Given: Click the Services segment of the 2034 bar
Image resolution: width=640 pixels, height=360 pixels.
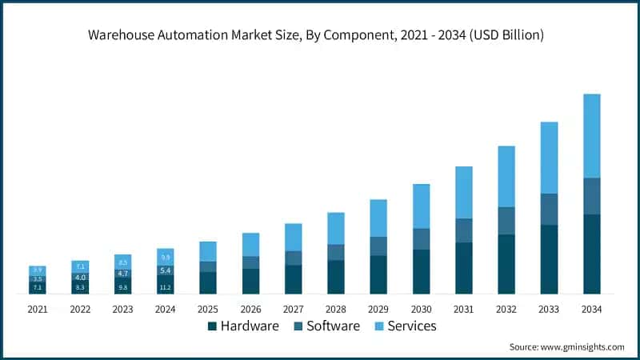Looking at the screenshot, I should [x=592, y=136].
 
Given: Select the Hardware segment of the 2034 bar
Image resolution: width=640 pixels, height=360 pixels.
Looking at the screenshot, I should [x=592, y=254].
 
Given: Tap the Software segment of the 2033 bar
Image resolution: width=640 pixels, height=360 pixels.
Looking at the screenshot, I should [x=549, y=209].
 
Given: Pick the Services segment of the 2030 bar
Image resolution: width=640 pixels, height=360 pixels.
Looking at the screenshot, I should [x=421, y=206].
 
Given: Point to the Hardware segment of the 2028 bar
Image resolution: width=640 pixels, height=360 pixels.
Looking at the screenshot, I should [x=336, y=277].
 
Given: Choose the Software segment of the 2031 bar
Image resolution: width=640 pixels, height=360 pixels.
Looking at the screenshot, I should [x=464, y=230].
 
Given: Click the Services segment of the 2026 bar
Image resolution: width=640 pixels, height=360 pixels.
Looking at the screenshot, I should [x=250, y=244].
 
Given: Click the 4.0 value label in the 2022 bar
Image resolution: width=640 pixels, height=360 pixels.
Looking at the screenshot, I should [x=80, y=277].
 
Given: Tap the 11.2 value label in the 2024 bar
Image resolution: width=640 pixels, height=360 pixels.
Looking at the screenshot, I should [x=166, y=287].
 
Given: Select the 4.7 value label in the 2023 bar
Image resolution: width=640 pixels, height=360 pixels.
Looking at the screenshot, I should [x=122, y=274].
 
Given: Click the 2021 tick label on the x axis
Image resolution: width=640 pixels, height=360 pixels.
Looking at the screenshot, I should [x=38, y=309].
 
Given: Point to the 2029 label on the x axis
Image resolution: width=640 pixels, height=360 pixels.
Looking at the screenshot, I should [x=378, y=309].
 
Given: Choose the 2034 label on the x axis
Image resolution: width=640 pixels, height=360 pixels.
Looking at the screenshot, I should [x=592, y=309].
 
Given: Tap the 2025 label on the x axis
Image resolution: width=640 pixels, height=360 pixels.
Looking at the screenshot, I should [x=208, y=309].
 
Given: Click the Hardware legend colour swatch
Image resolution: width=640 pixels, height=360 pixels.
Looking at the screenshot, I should [x=212, y=326].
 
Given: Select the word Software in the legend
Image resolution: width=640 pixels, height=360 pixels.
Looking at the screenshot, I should [x=334, y=326].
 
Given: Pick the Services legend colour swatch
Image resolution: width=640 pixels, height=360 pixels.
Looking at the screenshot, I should [x=380, y=326].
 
